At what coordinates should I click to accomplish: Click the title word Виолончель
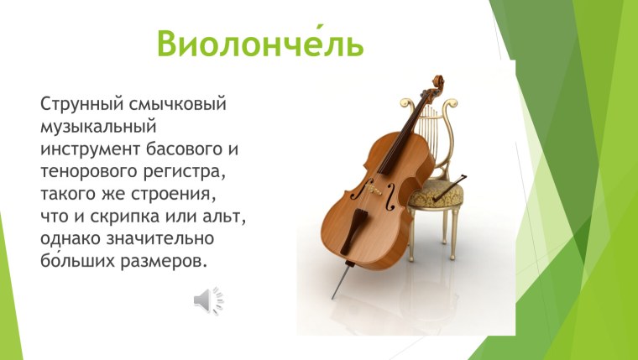pyautogui.click(x=261, y=43)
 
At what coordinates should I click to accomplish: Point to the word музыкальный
pyautogui.click(x=99, y=128)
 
